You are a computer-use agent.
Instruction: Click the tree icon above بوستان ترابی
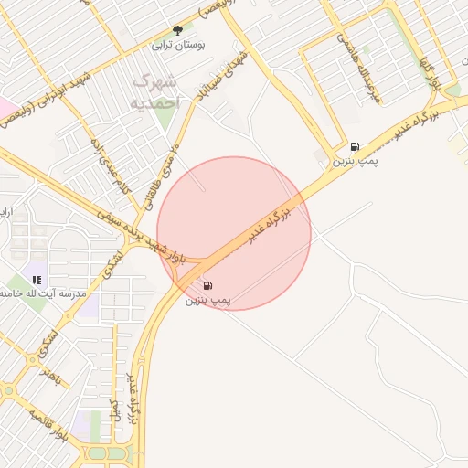[x=177, y=30]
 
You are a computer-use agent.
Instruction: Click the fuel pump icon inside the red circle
[x=207, y=285]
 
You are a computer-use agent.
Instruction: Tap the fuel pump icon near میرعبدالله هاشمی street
[x=355, y=146]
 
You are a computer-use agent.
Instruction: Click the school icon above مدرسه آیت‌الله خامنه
[x=36, y=280]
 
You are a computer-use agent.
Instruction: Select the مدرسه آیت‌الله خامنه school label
[x=46, y=293]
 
